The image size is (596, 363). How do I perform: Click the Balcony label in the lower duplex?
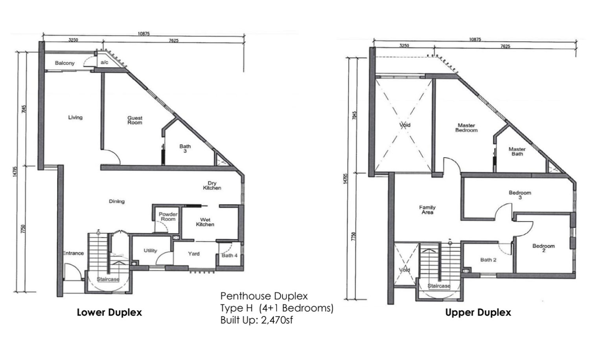tap(64, 63)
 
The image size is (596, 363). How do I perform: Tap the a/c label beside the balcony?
tap(104, 62)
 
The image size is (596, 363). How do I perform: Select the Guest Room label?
tap(134, 120)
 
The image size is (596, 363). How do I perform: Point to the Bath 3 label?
tap(185, 148)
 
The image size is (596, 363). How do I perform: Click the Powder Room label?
tap(168, 216)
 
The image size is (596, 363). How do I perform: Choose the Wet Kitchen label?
tap(205, 222)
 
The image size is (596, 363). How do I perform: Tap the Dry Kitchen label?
tap(212, 185)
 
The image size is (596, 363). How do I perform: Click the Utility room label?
tap(150, 251)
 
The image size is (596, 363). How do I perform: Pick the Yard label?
tap(194, 254)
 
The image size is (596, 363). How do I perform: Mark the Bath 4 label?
tap(229, 255)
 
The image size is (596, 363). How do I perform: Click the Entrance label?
tap(73, 253)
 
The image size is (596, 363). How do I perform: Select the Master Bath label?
tap(517, 151)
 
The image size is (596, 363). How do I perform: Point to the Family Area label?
tap(427, 209)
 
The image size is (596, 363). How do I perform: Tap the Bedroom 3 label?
tap(520, 195)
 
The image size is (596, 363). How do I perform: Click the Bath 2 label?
tap(488, 260)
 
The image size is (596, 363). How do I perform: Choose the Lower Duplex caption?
tap(109, 312)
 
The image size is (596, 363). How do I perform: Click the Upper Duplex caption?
tap(478, 312)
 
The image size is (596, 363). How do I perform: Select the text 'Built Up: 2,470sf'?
tap(256, 320)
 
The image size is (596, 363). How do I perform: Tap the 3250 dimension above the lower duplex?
tap(73, 40)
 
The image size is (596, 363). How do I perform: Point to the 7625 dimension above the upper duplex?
tap(505, 46)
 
